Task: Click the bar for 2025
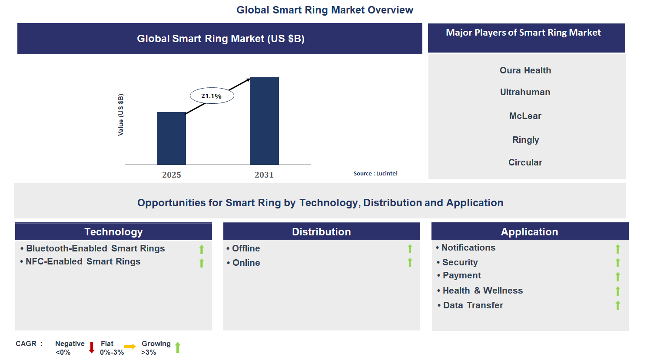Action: pos(171,138)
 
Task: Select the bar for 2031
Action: pos(264,121)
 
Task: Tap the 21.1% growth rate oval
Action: pos(212,96)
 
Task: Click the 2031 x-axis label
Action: pos(264,175)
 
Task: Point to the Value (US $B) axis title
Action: pos(121,115)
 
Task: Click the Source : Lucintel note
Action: pos(375,173)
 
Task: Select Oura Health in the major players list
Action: pos(525,70)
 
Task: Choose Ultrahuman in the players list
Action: pos(525,92)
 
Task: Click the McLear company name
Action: pos(525,116)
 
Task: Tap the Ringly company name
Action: pos(525,140)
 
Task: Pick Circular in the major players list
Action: pos(525,162)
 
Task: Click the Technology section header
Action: pos(113,231)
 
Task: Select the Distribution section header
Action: pos(321,231)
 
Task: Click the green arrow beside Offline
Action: pos(410,249)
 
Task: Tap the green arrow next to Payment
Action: pos(617,277)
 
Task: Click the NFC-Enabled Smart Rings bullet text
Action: pos(83,261)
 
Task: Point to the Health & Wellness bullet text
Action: pos(482,291)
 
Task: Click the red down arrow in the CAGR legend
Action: pos(92,347)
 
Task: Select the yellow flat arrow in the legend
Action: pos(130,347)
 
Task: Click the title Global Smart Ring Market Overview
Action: pos(325,10)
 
